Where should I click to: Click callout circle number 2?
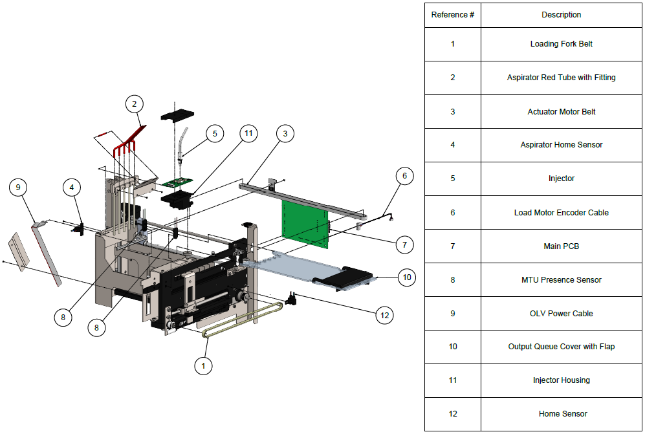134,103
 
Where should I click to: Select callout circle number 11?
248,134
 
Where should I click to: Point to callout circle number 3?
285,134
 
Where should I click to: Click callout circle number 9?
19,188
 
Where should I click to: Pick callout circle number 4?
72,188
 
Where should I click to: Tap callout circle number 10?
406,277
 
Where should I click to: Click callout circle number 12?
385,316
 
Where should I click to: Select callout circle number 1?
203,365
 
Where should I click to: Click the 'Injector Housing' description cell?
561,380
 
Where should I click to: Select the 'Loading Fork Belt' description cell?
561,44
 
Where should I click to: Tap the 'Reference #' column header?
453,15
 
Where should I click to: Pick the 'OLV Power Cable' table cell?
561,314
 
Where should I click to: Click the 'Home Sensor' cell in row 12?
561,414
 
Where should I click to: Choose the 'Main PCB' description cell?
561,246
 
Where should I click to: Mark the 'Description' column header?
561,15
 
